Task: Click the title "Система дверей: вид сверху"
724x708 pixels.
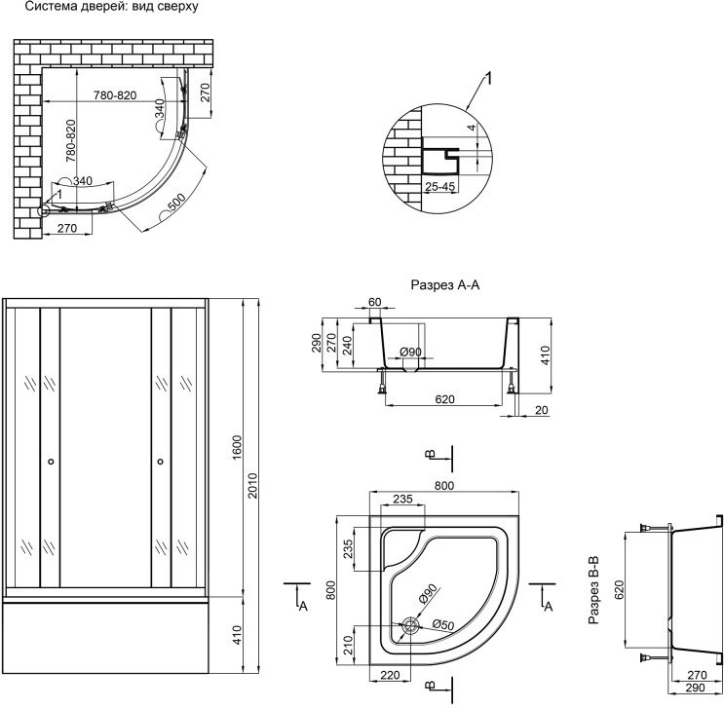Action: pyautogui.click(x=111, y=7)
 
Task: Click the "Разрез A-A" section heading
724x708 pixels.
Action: pyautogui.click(x=445, y=285)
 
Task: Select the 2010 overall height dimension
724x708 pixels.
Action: pyautogui.click(x=253, y=485)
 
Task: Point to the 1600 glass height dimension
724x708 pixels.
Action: pyautogui.click(x=237, y=447)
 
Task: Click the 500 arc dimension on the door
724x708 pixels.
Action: pyautogui.click(x=176, y=203)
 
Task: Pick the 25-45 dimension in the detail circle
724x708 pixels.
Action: pyautogui.click(x=440, y=187)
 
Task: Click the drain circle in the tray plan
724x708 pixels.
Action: pyautogui.click(x=409, y=626)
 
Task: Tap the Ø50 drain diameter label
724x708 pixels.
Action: pyautogui.click(x=443, y=624)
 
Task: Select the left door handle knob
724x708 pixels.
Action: pyautogui.click(x=51, y=461)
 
